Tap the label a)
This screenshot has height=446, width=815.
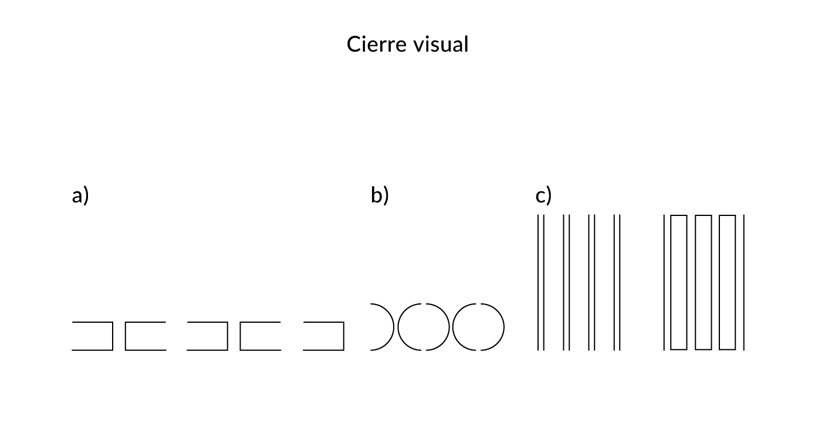(80, 196)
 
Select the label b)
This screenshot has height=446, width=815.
(380, 195)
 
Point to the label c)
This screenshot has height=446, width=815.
(543, 196)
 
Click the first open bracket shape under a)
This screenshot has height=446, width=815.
(113, 336)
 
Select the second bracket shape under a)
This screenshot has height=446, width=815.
(126, 336)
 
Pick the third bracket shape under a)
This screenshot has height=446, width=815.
(228, 336)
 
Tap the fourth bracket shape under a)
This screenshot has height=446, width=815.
(241, 336)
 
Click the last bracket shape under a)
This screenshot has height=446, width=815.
(343, 336)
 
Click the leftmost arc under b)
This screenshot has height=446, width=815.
(393, 327)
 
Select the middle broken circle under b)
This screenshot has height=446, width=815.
(398, 327)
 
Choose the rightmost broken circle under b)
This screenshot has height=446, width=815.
(453, 327)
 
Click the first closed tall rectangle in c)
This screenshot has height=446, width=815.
(671, 283)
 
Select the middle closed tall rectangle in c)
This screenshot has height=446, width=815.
(695, 283)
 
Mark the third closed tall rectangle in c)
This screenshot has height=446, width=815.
(720, 283)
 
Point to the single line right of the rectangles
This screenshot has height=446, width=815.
(743, 283)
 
